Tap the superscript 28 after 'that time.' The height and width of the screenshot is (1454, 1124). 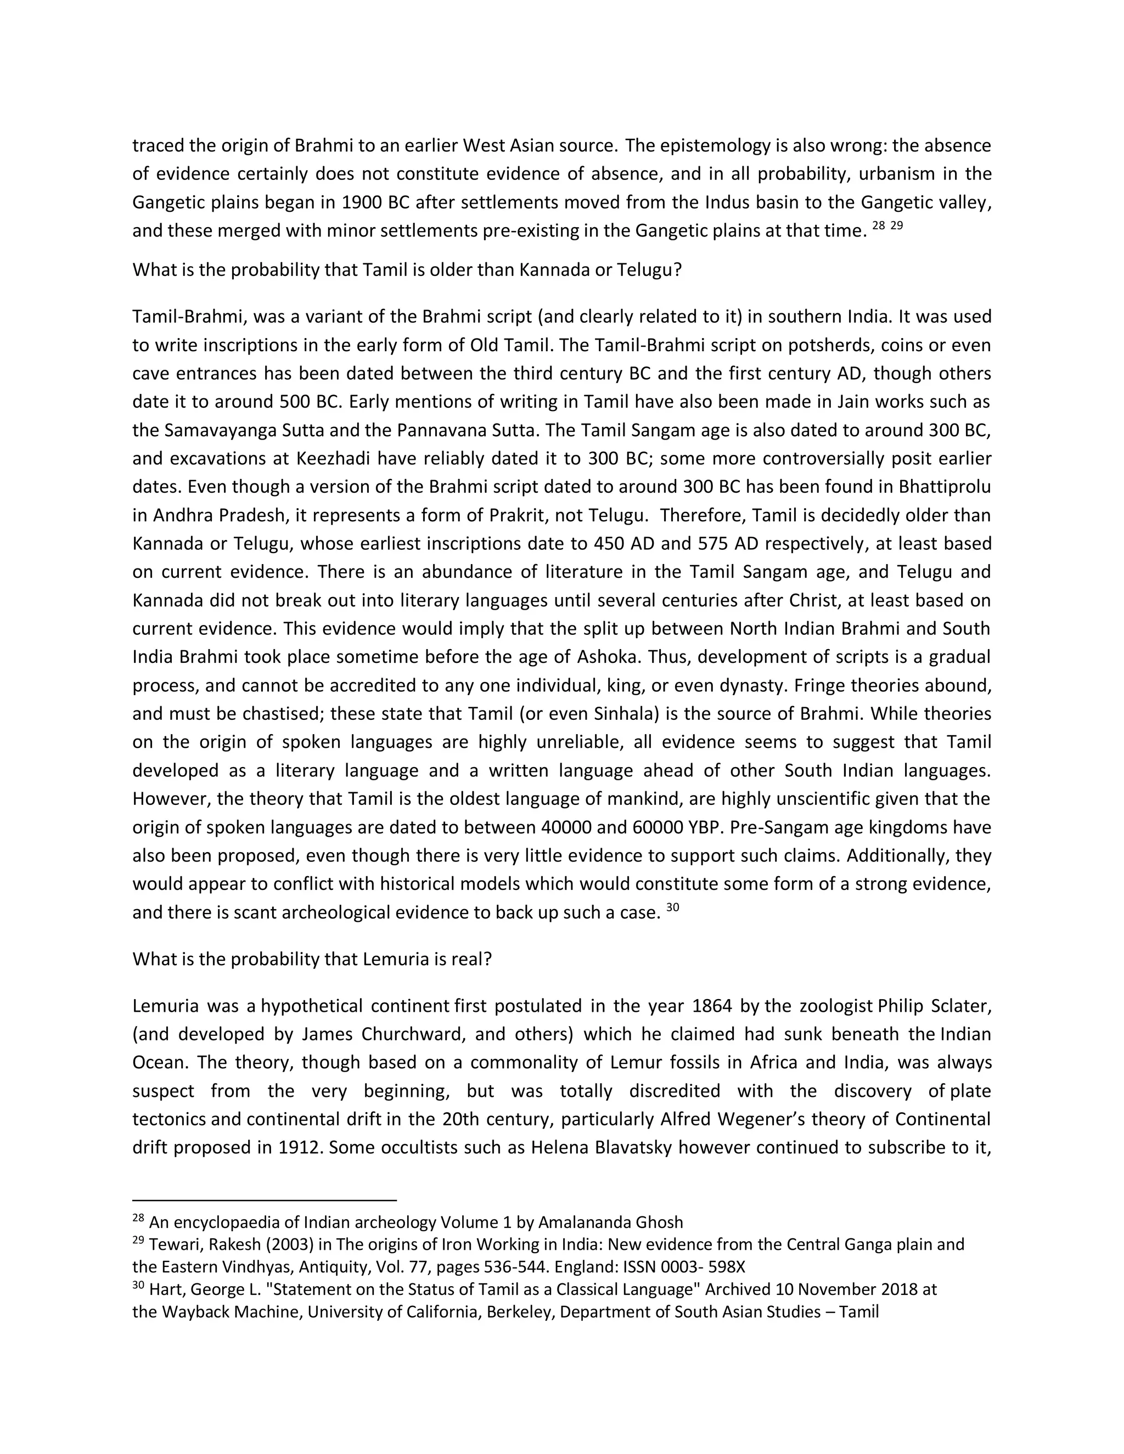coord(878,226)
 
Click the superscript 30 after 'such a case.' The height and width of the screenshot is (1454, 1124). coord(672,908)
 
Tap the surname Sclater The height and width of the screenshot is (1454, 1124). coord(959,1005)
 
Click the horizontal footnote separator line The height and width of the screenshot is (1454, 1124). coord(265,1199)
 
